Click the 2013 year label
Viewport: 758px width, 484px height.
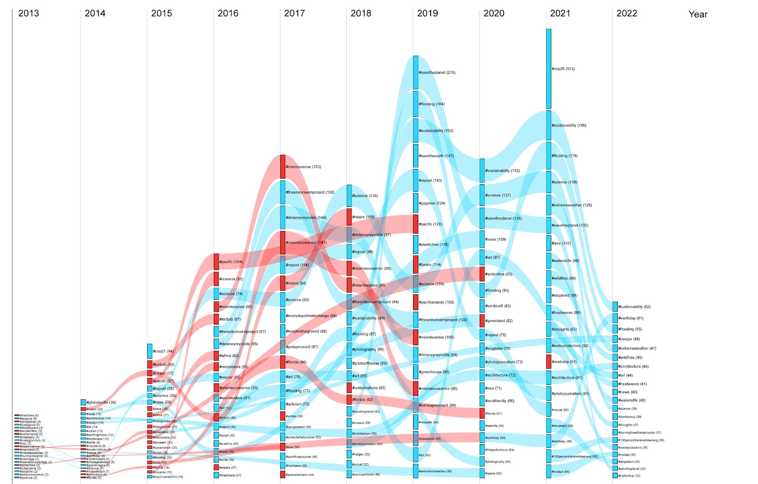28,13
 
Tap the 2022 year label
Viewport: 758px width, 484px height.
626,13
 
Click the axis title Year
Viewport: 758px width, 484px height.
697,14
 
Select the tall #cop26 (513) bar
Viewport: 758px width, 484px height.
549,69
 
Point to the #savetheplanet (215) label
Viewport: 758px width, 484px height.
437,72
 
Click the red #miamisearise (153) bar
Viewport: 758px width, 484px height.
283,167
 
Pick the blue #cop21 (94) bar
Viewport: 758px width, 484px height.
150,351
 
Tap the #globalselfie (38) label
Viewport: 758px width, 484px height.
101,403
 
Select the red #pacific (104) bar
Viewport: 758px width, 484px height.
216,262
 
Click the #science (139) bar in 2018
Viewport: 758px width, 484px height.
349,196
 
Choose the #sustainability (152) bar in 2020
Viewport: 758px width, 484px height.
482,170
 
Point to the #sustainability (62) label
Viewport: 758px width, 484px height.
634,307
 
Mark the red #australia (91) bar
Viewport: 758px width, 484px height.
549,362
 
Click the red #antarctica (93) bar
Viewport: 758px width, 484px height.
482,274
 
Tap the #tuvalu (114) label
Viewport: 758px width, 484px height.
430,265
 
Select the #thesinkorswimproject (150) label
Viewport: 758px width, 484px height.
310,192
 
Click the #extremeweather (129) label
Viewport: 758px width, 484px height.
571,205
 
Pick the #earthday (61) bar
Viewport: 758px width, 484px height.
615,318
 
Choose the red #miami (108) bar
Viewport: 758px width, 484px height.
349,217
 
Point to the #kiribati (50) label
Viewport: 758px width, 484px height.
163,365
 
